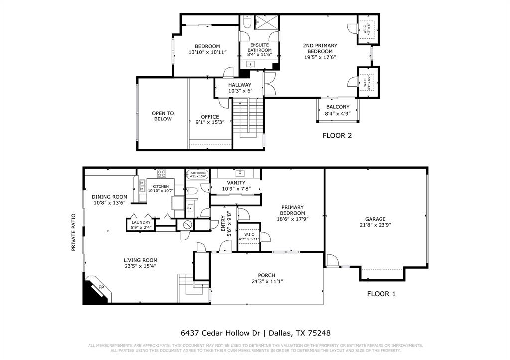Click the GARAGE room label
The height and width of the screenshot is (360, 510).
pyautogui.click(x=375, y=219)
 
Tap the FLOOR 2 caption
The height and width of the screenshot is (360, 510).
pyautogui.click(x=337, y=135)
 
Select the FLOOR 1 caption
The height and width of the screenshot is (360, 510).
pyautogui.click(x=381, y=294)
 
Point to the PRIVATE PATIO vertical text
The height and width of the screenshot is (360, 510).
pyautogui.click(x=73, y=232)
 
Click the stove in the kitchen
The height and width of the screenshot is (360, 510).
pyautogui.click(x=162, y=174)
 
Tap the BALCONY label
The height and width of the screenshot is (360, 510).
pyautogui.click(x=338, y=107)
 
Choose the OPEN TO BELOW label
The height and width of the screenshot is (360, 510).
pyautogui.click(x=162, y=116)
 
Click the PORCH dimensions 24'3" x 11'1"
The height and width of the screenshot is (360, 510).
pyautogui.click(x=266, y=282)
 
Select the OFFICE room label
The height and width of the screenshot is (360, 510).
pyautogui.click(x=210, y=117)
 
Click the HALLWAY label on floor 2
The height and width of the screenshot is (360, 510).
pyautogui.click(x=240, y=85)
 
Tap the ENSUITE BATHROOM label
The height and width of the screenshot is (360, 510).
pyautogui.click(x=259, y=47)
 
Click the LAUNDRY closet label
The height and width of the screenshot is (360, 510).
pyautogui.click(x=141, y=222)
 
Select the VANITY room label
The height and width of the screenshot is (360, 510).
pyautogui.click(x=236, y=183)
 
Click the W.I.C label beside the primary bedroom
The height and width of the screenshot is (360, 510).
pyautogui.click(x=248, y=235)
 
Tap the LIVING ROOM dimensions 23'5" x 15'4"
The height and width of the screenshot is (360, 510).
pyautogui.click(x=140, y=267)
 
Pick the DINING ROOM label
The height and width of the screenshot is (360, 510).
pyautogui.click(x=110, y=197)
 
